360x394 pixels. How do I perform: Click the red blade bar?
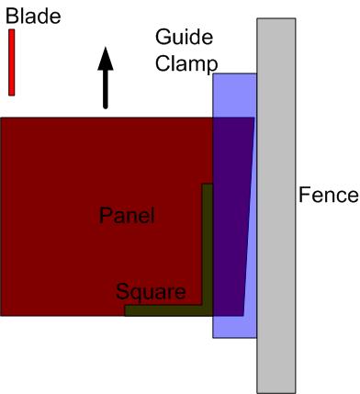(12, 62)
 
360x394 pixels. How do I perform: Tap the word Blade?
(33, 17)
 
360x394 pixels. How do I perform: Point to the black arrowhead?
(106, 59)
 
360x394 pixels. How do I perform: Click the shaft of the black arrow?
(106, 89)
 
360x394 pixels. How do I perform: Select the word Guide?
(184, 39)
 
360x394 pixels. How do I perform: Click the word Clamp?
(186, 63)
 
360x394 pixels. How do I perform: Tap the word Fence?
(328, 195)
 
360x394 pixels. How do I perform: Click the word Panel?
(127, 215)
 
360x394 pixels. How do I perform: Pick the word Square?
(151, 292)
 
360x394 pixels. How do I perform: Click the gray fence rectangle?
(276, 206)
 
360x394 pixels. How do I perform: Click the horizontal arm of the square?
(169, 310)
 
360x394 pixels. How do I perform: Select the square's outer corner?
(213, 316)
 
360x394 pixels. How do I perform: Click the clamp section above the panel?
(234, 96)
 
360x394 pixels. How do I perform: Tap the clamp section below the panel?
(234, 327)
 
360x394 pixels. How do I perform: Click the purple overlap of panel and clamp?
(231, 217)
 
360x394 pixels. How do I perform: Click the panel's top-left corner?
(0, 118)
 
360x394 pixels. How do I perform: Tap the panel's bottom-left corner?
(0, 316)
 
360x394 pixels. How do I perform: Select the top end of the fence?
(276, 18)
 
